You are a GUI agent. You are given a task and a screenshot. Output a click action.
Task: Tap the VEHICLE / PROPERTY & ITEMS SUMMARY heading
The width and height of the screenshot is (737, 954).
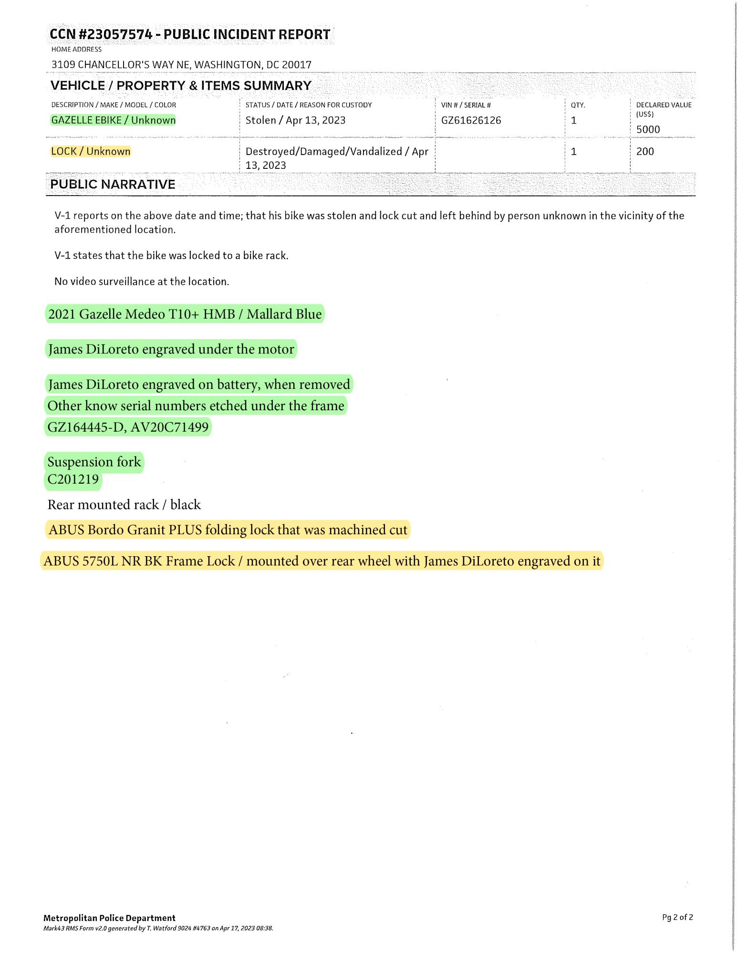181,86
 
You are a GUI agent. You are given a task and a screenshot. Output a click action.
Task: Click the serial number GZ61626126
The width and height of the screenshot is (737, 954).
471,120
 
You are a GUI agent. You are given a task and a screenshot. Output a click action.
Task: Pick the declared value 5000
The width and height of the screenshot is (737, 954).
648,129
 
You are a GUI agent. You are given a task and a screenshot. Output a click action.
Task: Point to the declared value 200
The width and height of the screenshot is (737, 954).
645,151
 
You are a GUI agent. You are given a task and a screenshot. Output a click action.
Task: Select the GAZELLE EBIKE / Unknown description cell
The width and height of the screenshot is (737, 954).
113,120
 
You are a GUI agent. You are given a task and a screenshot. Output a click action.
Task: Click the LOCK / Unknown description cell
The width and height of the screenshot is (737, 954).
91,151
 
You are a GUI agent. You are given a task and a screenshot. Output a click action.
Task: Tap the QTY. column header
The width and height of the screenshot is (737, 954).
578,105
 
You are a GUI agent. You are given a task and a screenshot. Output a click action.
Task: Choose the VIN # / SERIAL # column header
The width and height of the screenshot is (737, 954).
466,105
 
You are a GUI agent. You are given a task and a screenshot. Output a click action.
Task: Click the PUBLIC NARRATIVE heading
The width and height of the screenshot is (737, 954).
113,185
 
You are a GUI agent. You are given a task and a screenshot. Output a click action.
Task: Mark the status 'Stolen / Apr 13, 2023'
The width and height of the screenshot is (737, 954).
295,120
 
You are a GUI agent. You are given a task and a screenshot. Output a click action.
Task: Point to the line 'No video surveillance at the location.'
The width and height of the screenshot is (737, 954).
142,281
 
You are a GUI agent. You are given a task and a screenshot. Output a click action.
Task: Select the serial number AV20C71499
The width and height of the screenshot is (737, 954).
169,427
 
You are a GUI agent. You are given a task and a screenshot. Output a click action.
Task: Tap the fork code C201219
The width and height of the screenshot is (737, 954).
73,479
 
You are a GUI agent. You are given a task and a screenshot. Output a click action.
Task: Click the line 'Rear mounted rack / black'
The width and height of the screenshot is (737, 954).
124,505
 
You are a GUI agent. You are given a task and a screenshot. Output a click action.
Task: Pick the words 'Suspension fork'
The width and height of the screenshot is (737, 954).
94,462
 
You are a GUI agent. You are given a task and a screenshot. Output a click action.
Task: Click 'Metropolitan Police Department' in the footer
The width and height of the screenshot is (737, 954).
109,918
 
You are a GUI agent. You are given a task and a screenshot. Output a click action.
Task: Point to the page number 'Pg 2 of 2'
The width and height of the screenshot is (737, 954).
677,917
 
